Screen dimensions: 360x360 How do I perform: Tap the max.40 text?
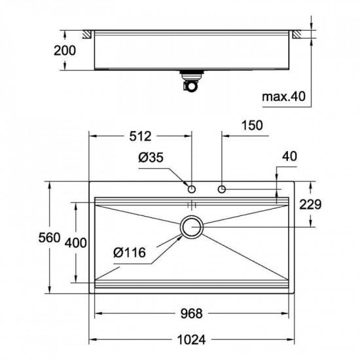[283, 98]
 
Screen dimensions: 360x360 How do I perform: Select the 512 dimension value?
[140, 136]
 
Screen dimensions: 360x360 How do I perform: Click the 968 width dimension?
[190, 313]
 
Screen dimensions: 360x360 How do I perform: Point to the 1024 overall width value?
[190, 340]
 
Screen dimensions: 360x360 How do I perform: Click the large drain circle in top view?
[192, 227]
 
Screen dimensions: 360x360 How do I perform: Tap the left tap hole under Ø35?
[191, 189]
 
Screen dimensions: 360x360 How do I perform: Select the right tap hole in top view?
[222, 189]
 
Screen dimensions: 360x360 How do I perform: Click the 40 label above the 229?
[289, 156]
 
